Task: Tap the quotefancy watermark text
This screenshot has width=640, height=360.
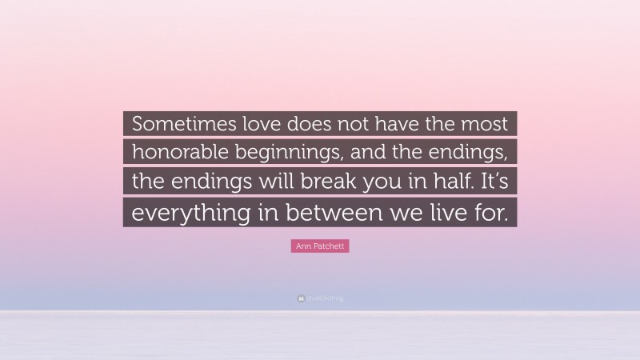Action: tap(324, 298)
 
